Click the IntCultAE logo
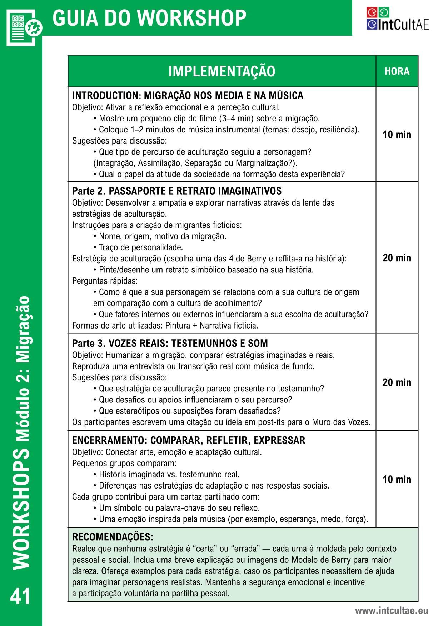pyautogui.click(x=397, y=19)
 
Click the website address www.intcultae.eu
pyautogui.click(x=391, y=611)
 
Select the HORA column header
pyautogui.click(x=397, y=71)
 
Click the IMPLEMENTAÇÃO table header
pyautogui.click(x=221, y=71)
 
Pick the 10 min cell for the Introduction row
pyautogui.click(x=397, y=135)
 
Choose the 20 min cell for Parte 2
pyautogui.click(x=397, y=258)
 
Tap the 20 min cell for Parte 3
pyautogui.click(x=397, y=382)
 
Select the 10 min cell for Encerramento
pyautogui.click(x=397, y=479)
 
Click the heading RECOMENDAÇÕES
pyautogui.click(x=113, y=537)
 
